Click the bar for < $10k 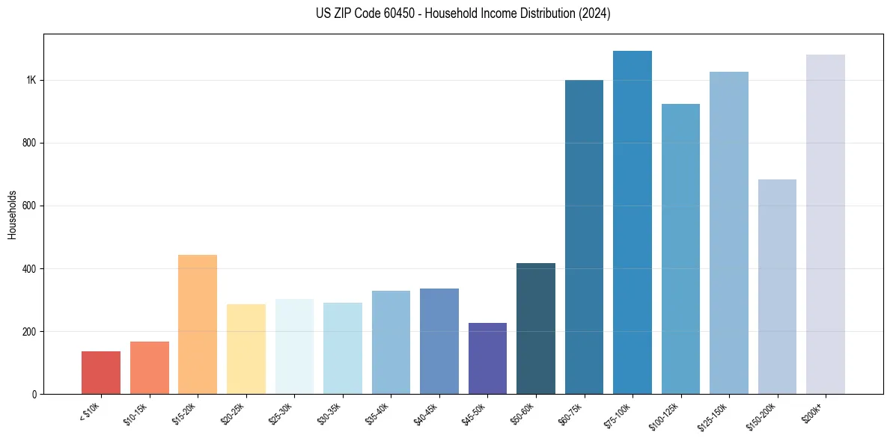pyautogui.click(x=101, y=372)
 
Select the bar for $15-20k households pyautogui.click(x=198, y=324)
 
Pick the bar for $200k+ pyautogui.click(x=826, y=224)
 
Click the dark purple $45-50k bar pyautogui.click(x=487, y=358)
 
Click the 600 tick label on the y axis pyautogui.click(x=29, y=206)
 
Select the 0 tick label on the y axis pyautogui.click(x=34, y=395)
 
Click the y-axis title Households pyautogui.click(x=12, y=214)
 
